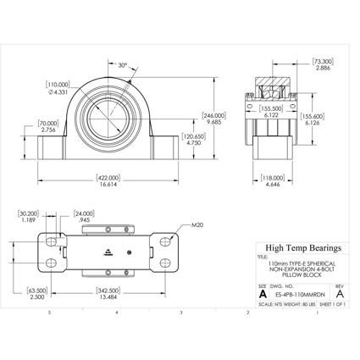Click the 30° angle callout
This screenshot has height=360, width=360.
click(122, 65)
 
